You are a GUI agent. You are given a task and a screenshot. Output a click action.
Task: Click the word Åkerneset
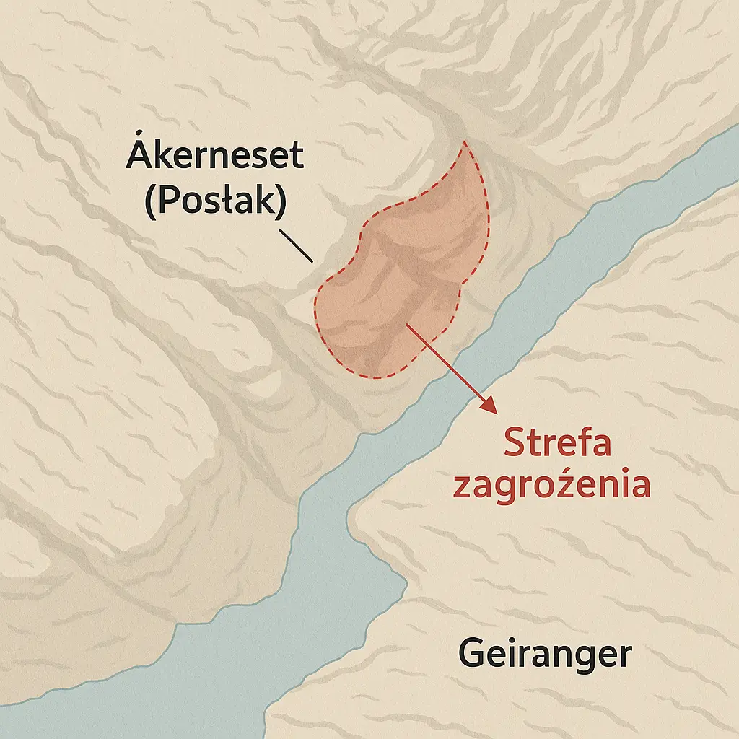coord(214,157)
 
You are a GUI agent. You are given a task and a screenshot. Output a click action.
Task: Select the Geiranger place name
coord(545,655)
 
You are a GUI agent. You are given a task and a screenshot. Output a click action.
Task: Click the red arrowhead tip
coord(497,414)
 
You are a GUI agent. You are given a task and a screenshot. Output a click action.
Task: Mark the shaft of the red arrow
coord(451,367)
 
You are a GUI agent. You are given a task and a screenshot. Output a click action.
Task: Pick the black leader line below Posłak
coord(297,245)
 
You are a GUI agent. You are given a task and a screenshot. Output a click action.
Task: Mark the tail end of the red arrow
coord(408,325)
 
